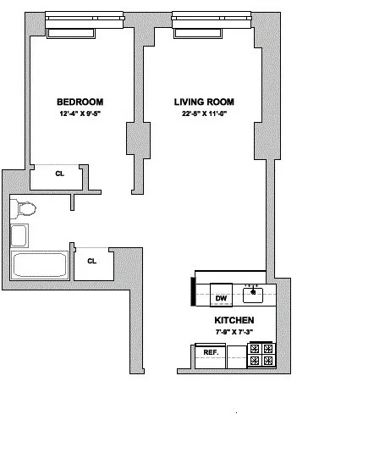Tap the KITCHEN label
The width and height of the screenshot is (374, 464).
[232, 321]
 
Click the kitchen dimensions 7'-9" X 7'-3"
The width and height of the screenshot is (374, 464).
[232, 334]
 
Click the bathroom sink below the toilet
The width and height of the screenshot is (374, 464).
[19, 235]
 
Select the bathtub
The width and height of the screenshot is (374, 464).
[40, 265]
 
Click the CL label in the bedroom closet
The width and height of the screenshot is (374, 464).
[59, 174]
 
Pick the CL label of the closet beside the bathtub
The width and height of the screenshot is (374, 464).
[91, 261]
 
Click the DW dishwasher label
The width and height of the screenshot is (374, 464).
[221, 298]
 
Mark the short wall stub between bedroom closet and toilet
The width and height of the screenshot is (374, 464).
[73, 202]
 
